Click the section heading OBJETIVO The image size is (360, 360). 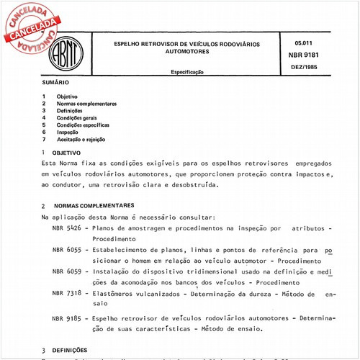pyautogui.click(x=71, y=153)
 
